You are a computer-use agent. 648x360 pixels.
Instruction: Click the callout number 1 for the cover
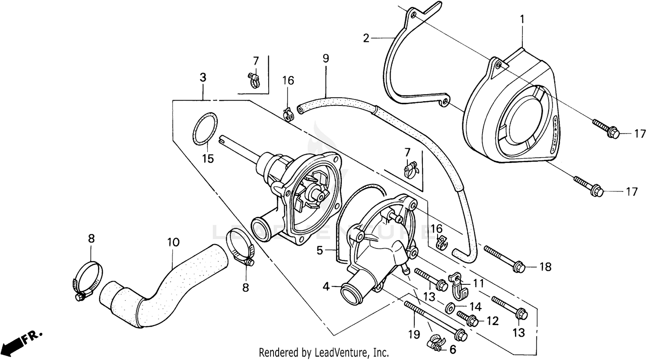pos(522,19)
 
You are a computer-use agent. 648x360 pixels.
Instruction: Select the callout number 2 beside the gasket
pos(366,38)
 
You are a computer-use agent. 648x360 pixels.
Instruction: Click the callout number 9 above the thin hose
pos(325,58)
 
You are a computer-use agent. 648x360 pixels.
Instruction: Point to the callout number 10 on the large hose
pos(173,242)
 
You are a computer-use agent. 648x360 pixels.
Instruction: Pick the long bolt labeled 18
pos(503,259)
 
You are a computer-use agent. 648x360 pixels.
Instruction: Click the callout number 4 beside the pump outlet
pos(326,286)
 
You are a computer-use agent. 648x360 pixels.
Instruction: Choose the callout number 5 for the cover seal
pos(320,251)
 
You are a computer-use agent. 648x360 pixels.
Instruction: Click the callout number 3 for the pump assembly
pos(203,78)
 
